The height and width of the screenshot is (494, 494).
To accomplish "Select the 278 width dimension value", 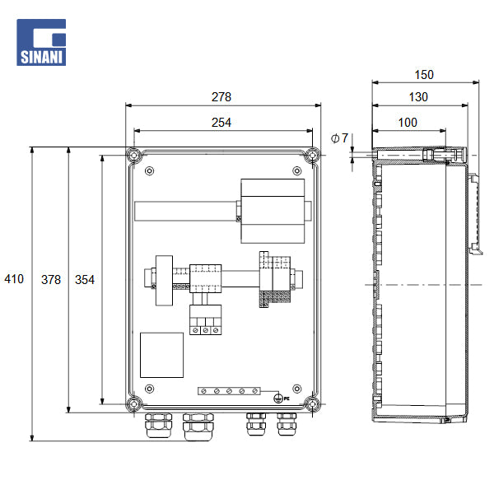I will pos(221,96).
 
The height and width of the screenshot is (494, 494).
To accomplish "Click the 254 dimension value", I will pos(221,123).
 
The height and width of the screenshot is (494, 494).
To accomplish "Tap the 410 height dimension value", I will pos(15,280).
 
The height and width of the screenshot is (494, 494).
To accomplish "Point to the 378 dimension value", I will pos(50,280).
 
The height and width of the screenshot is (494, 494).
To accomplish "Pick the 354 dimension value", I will pos(84,280).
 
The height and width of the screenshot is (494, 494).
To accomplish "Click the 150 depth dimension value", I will pos(423,75).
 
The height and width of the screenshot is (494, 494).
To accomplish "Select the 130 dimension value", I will pos(418,98).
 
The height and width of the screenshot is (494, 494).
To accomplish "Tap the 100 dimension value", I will pos(407,123).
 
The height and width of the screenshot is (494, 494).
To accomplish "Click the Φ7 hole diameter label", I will pos(339,137).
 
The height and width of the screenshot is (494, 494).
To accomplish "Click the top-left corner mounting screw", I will pos(133,155).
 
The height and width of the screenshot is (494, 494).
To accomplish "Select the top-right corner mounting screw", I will pos(312,155).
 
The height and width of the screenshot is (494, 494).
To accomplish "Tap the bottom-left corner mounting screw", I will pos(133,403).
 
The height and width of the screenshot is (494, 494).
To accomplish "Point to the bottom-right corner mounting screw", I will pos(312,403).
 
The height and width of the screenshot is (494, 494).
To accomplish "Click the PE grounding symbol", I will pos(279,398).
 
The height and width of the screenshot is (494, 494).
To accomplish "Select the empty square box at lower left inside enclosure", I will pos(161,355).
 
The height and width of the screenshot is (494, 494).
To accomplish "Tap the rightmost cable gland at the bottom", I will pos(287,426).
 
